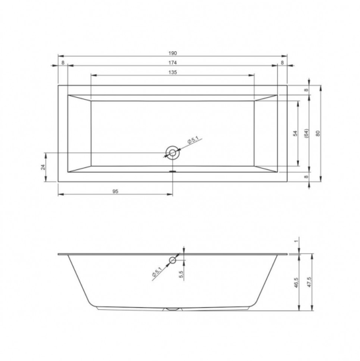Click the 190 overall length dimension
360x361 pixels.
click(173, 53)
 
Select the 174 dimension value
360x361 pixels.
click(173, 62)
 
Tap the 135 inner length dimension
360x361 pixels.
click(173, 72)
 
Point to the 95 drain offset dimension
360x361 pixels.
click(115, 191)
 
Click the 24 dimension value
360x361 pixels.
click(43, 167)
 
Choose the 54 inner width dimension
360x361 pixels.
click(295, 133)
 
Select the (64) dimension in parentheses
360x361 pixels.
click(307, 133)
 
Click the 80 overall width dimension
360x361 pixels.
click(318, 133)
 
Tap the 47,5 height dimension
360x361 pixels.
click(309, 282)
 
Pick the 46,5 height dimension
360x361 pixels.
click(296, 282)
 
